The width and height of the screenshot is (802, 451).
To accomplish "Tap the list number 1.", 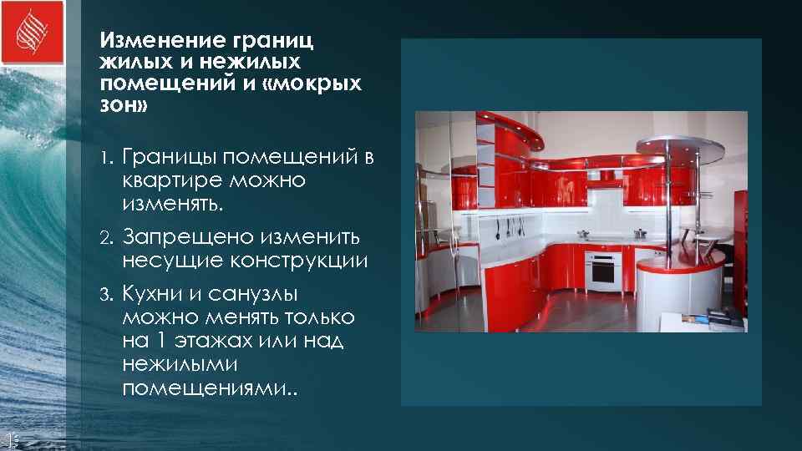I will [x=105, y=159].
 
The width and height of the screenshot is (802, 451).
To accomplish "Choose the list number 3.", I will [x=105, y=295].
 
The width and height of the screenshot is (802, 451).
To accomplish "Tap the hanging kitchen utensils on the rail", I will [x=507, y=227].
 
